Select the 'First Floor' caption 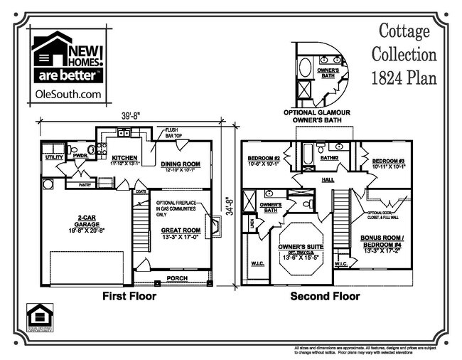point(130,295)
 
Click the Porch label point(176,278)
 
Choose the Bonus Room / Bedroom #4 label point(382,240)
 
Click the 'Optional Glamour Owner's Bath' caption point(320,116)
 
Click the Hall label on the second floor point(328,179)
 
